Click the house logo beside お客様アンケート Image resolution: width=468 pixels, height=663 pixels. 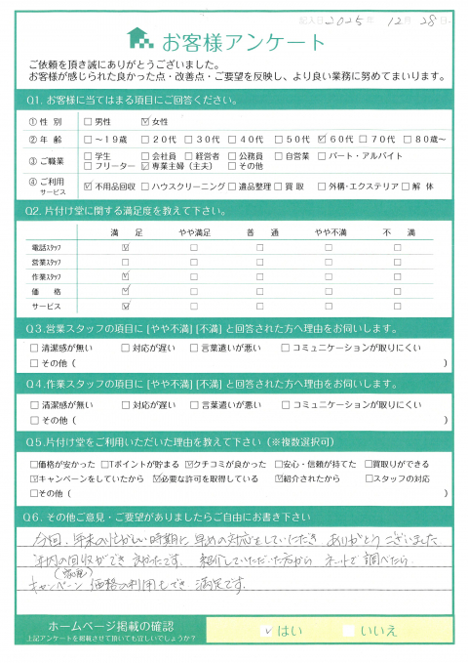[141, 39]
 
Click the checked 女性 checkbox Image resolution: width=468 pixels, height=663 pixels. [146, 122]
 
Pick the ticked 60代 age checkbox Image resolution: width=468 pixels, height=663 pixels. [321, 138]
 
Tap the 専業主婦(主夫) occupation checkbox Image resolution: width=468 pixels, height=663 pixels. [145, 167]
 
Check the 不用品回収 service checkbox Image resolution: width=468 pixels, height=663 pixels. [88, 186]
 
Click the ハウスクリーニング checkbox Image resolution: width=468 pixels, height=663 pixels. [145, 186]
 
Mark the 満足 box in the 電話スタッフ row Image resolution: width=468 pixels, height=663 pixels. [125, 248]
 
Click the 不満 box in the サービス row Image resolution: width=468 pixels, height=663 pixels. [399, 306]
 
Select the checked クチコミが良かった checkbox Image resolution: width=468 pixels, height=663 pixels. [161, 465]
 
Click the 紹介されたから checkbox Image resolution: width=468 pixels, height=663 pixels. [287, 479]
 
